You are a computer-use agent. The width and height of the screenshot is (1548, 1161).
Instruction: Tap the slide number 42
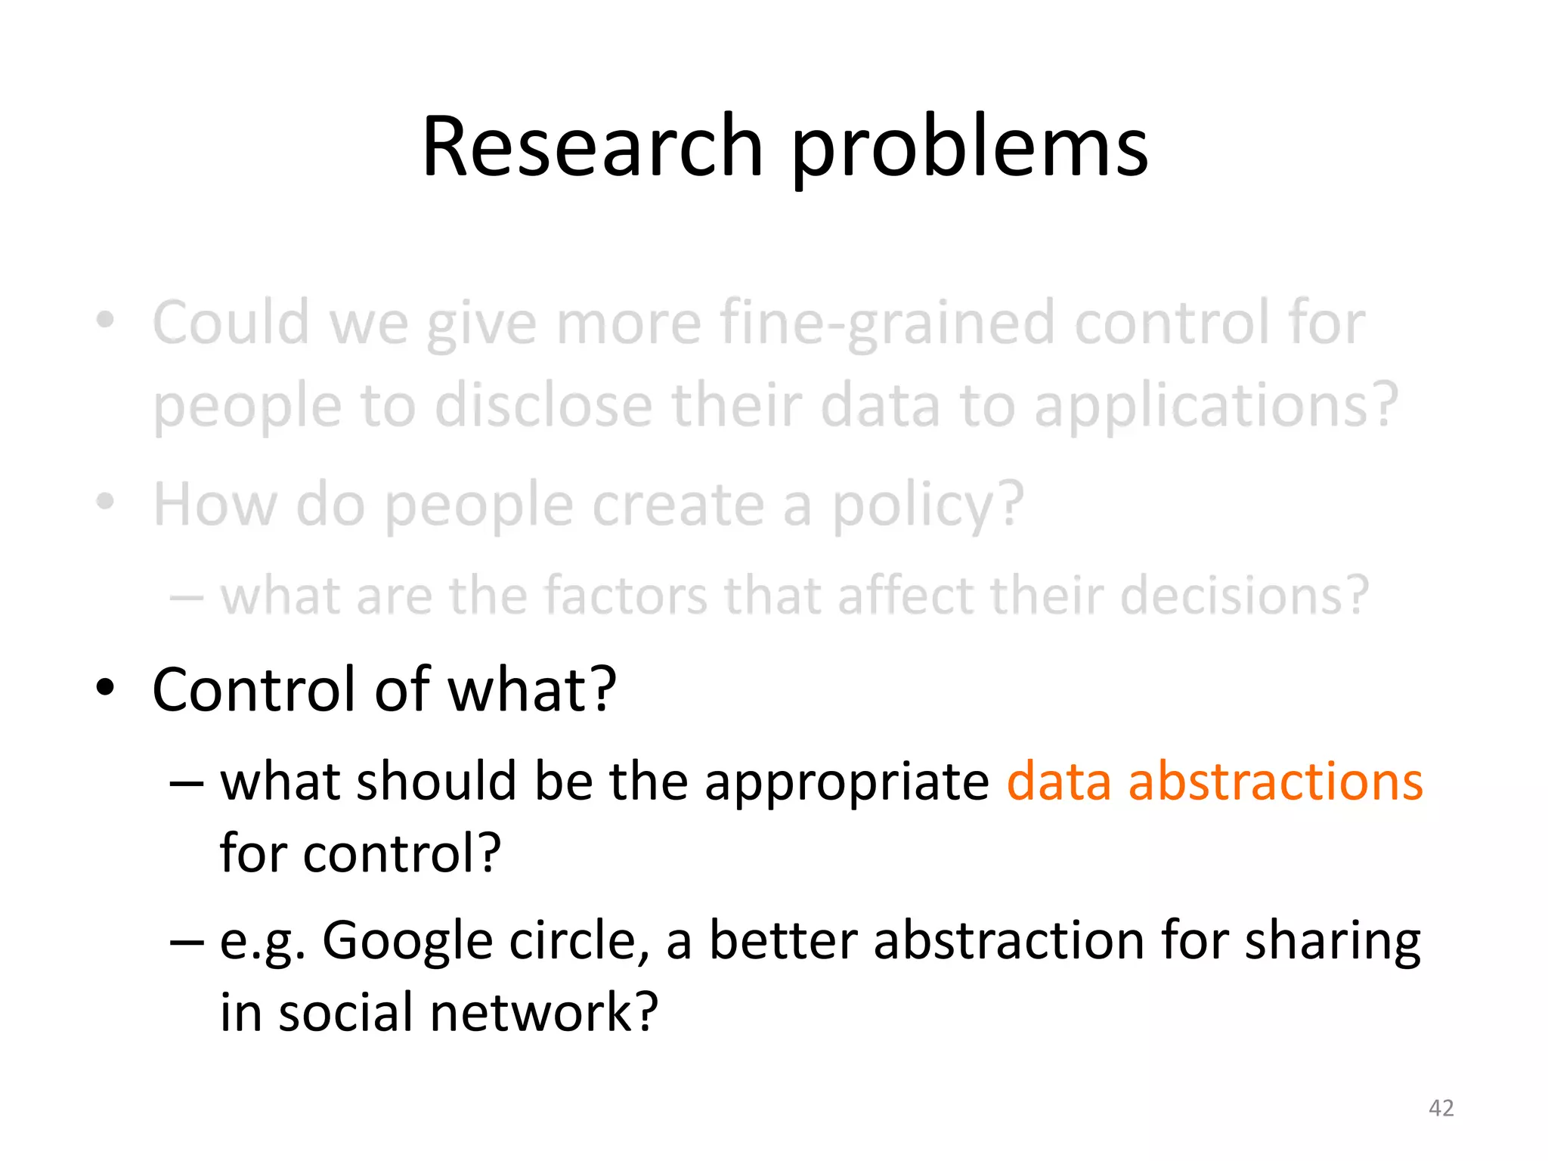coord(1441,1108)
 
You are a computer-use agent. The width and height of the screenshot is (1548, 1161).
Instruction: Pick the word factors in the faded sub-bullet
coord(626,596)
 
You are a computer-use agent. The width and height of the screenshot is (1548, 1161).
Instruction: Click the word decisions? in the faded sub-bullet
coord(1244,596)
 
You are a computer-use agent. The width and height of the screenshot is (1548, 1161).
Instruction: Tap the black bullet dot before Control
coord(105,689)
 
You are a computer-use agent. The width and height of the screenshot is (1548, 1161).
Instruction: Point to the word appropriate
coord(846,783)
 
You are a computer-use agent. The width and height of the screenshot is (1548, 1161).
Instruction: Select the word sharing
coord(1332,942)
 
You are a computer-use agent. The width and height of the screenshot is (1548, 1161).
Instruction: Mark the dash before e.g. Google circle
coord(186,943)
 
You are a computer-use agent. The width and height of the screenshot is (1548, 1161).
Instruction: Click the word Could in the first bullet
coord(231,323)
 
